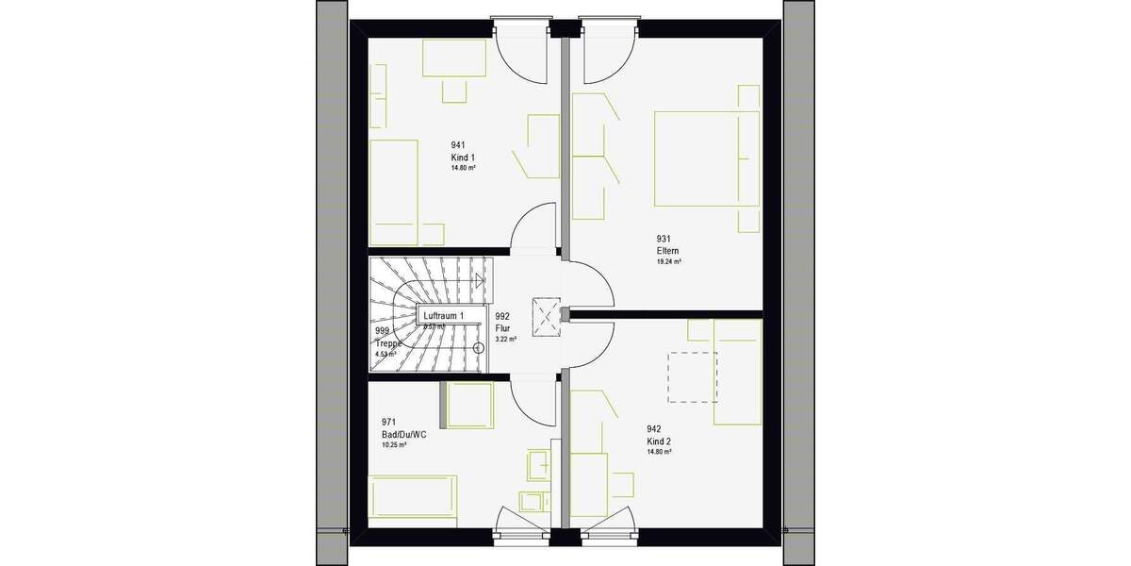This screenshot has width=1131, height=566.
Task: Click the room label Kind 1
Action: coord(464,157)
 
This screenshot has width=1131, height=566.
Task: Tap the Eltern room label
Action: coord(668,251)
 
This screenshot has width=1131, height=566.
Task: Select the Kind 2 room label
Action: coord(658,441)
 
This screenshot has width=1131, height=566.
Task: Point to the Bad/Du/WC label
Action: coord(403,434)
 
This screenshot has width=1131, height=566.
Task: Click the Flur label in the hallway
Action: coord(502,328)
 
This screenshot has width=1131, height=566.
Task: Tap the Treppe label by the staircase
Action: coord(388,343)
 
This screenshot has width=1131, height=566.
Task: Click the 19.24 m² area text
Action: coord(669,262)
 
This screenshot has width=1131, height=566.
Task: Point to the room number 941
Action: coord(458,145)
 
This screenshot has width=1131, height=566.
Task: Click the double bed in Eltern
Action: coord(707,158)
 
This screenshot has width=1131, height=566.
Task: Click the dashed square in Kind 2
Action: coord(693,377)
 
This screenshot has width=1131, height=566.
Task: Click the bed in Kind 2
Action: coord(737,372)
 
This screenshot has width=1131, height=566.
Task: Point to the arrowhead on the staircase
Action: coord(481,279)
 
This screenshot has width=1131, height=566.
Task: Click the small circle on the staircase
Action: coord(478,347)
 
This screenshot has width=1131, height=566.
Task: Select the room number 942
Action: coord(653,429)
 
